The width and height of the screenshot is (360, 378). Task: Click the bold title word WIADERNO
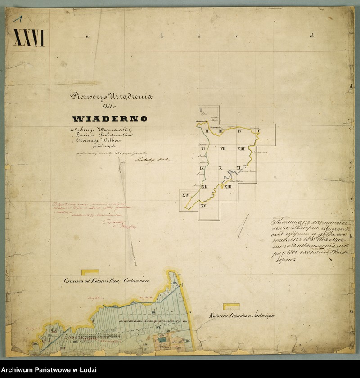[110, 119]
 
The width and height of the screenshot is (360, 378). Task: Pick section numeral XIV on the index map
[185, 195]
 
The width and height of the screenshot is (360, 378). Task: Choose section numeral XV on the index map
[203, 206]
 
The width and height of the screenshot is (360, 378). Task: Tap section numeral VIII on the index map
[241, 148]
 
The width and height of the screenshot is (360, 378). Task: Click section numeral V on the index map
[258, 131]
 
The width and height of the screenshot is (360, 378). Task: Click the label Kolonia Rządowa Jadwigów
[242, 316]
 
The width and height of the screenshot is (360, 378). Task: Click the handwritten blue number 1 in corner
[18, 18]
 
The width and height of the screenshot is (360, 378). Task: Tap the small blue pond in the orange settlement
[161, 342]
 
